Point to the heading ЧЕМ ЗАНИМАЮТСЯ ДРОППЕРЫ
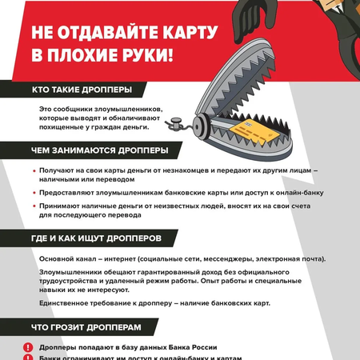click(x=99, y=150)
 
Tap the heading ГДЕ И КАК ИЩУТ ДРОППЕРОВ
click(x=96, y=238)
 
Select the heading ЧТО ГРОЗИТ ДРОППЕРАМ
click(x=87, y=327)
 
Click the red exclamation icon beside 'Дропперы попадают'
click(x=28, y=348)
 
